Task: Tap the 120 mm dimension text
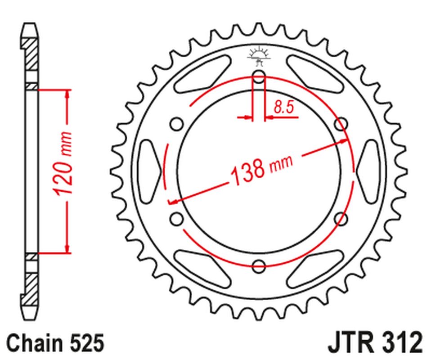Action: coord(64,164)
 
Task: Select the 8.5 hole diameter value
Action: coord(284,107)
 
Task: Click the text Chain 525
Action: coord(55,343)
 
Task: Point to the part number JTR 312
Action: coord(376,343)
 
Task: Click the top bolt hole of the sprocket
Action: coord(259,77)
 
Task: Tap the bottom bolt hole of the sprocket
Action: coord(259,265)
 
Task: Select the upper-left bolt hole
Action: coord(177,124)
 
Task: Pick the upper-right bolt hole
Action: coord(341,124)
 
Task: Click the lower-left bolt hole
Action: coord(177,219)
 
